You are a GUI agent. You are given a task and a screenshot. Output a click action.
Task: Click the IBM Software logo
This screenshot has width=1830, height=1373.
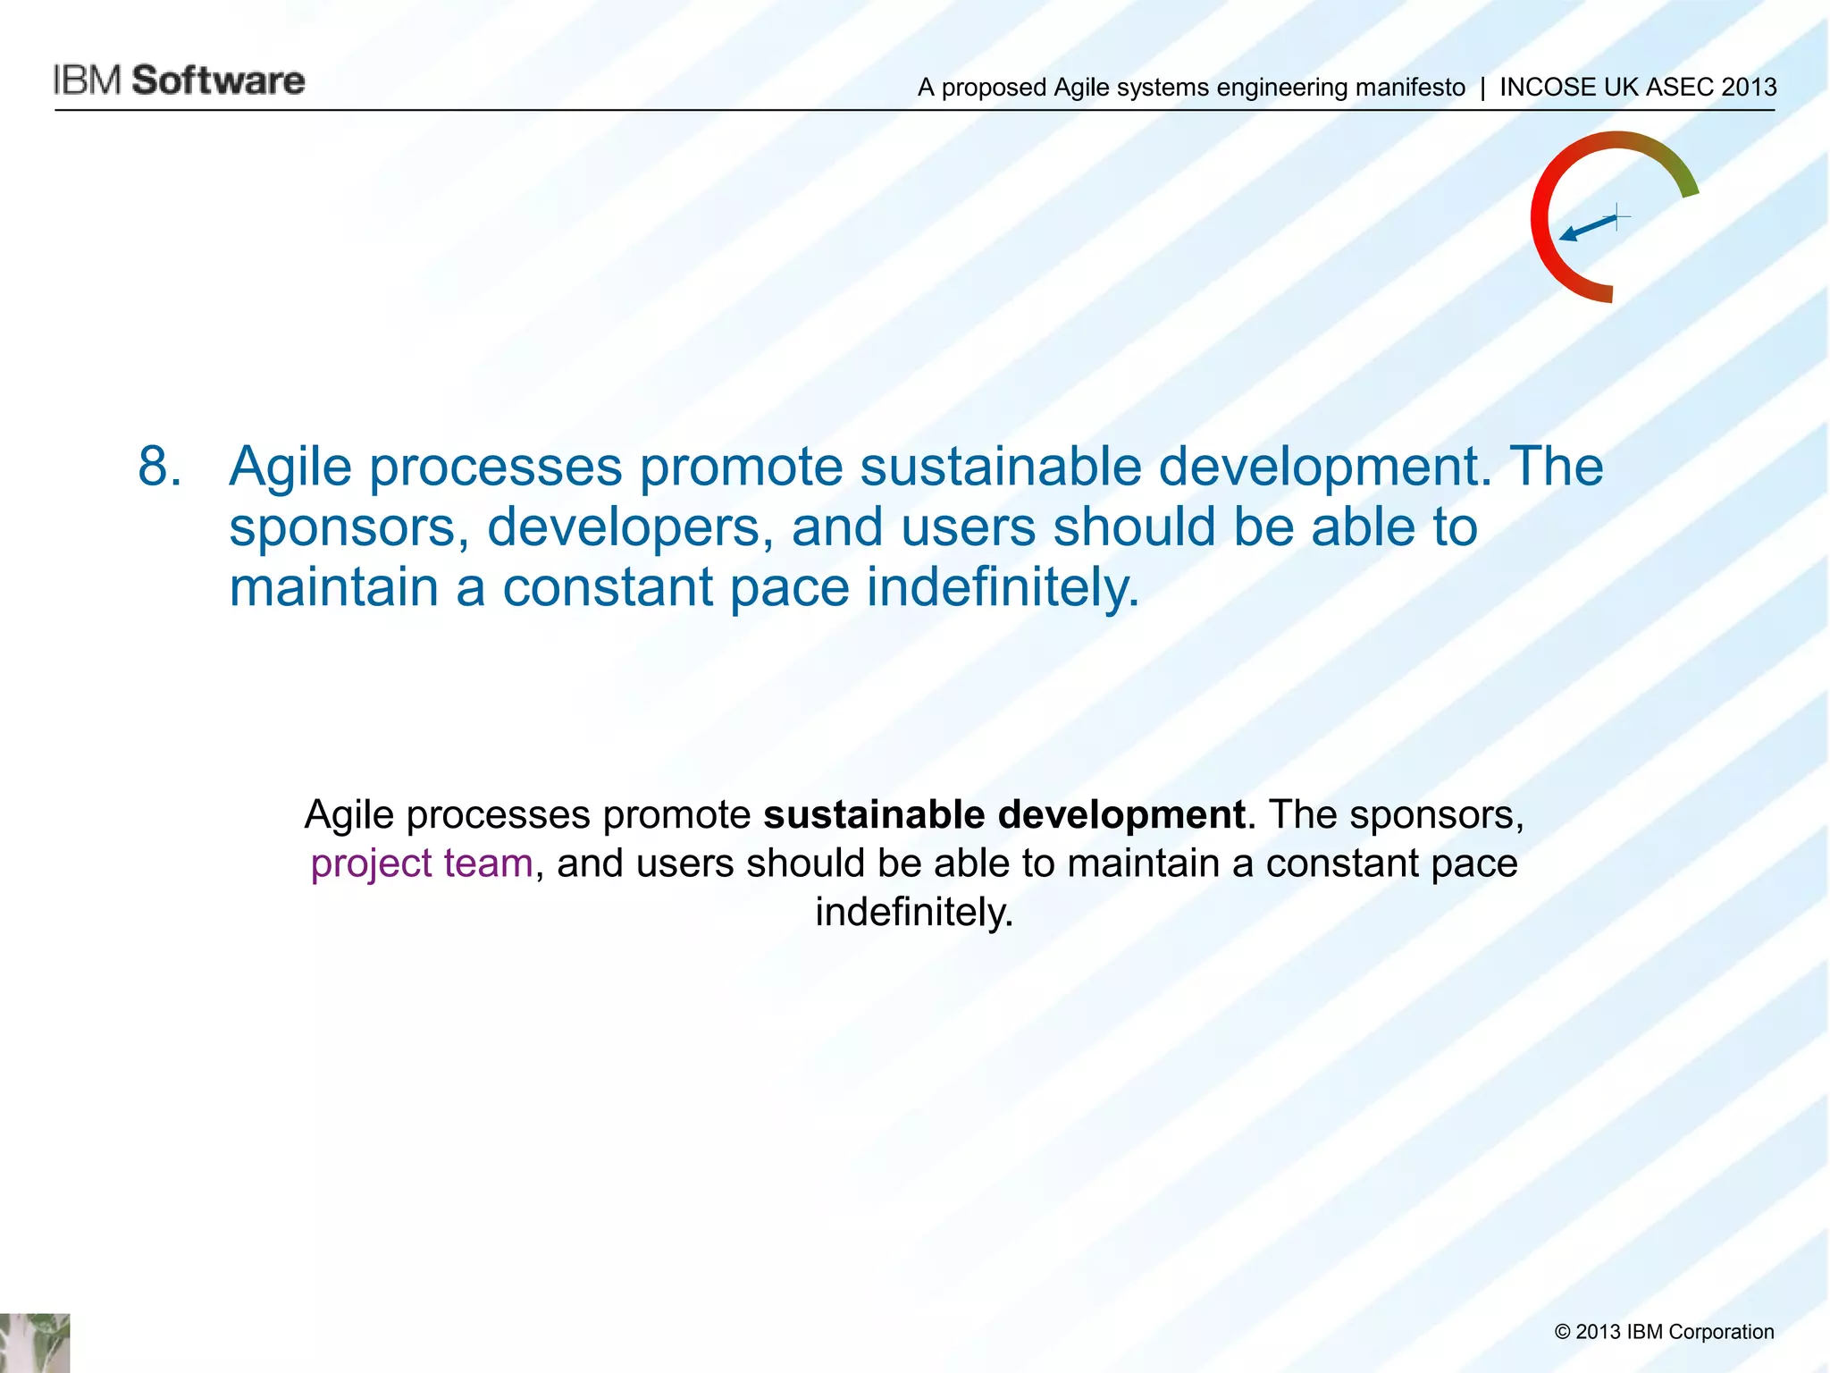point(179,80)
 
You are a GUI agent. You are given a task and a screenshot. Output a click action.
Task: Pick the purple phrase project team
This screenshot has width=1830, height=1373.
point(422,863)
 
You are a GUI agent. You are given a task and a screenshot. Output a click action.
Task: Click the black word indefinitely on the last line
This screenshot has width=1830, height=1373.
point(914,913)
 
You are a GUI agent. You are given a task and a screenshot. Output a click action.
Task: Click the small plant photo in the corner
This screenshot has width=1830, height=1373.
point(34,1343)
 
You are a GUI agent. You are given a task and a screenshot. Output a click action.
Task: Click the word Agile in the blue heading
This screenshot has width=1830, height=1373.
point(290,467)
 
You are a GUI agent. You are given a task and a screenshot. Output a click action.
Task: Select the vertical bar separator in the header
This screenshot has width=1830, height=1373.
point(1482,88)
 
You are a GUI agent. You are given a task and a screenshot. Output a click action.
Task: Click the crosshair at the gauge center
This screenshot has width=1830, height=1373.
point(1617,216)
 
